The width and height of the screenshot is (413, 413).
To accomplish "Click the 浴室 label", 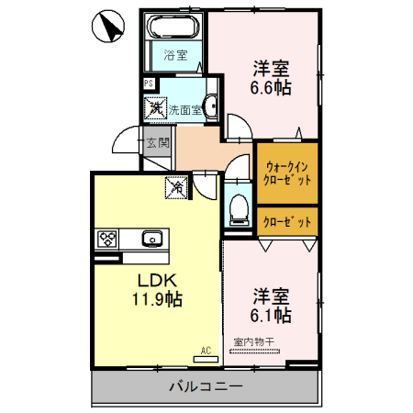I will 175,55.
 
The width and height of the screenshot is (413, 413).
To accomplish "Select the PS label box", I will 149,85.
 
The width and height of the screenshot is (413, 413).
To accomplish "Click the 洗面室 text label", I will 184,109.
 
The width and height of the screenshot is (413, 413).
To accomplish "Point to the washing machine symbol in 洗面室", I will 157,108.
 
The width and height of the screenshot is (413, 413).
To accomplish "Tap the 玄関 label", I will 158,142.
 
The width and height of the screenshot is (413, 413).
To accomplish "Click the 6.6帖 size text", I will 272,89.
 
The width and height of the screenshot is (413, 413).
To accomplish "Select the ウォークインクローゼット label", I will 287,173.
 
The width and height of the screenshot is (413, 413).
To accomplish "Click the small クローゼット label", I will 287,221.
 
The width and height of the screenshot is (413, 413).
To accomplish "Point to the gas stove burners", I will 107,239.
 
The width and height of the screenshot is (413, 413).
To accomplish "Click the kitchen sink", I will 152,240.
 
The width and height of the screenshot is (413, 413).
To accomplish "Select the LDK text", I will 157,279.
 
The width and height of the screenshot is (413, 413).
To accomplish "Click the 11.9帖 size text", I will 157,299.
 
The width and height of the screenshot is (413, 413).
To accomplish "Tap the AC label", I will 206,350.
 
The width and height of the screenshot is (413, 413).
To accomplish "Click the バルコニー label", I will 206,386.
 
